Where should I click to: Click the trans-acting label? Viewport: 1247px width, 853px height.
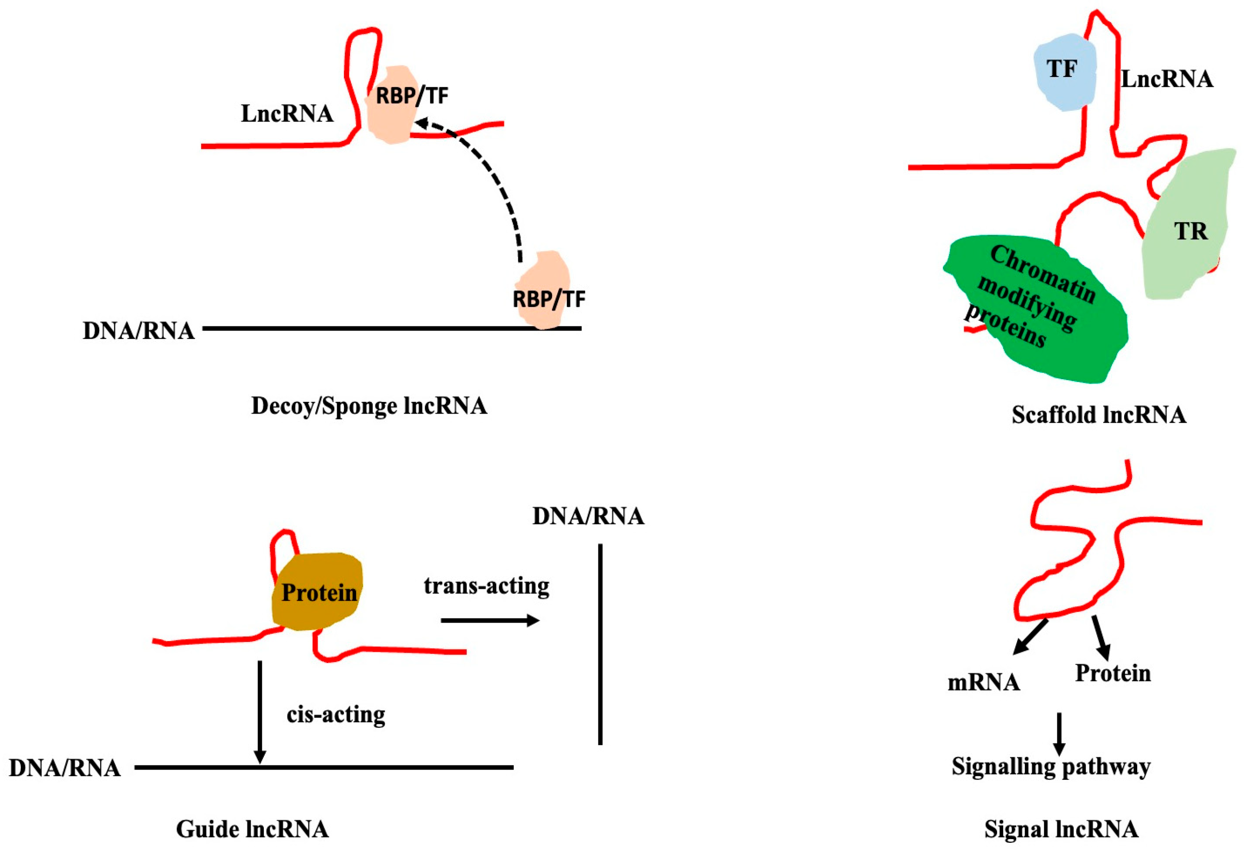coord(486,586)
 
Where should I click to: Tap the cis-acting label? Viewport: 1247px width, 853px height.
coord(336,714)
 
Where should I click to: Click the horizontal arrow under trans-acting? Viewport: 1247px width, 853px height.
coord(490,621)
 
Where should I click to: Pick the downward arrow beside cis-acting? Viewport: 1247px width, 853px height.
coord(260,711)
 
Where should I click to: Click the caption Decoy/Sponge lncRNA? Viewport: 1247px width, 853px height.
coord(369,406)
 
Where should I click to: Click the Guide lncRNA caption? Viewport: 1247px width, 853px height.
coord(252,829)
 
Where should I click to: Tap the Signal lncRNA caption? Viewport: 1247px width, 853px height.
coord(1061,829)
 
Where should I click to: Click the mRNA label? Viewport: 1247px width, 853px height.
coord(984,682)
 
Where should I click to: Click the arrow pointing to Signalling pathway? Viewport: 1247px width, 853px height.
coord(1059,734)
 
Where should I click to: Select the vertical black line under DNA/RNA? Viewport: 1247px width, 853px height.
coord(600,644)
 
